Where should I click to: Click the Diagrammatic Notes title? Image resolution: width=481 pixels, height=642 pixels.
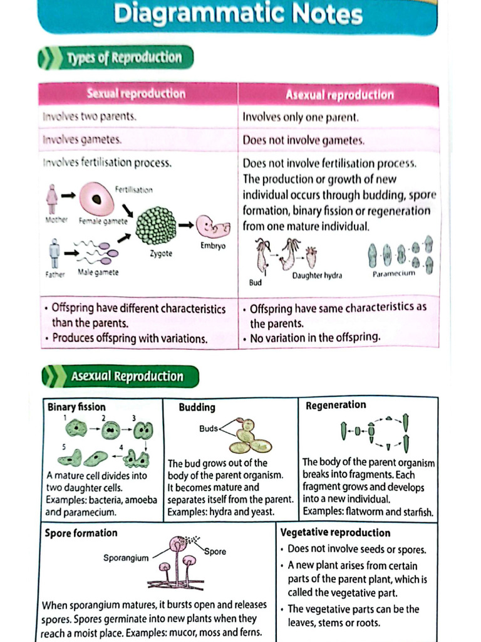[238, 14]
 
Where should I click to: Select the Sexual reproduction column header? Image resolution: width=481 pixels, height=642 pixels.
[136, 94]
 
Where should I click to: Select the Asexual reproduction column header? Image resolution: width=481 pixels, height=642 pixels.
[339, 95]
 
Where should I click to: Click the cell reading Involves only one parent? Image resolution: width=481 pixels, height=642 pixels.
[300, 117]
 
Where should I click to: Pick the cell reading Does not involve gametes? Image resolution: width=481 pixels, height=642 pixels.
[303, 140]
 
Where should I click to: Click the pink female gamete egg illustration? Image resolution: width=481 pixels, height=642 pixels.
[96, 199]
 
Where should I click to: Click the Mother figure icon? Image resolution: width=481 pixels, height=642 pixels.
[52, 199]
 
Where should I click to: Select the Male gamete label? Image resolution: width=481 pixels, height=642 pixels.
[98, 272]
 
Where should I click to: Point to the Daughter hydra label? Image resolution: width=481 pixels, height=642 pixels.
[317, 276]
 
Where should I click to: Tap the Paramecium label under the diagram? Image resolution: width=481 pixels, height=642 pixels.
[393, 275]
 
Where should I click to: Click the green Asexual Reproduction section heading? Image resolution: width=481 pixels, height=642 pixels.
[127, 377]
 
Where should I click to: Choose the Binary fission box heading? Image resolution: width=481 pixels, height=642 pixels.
[76, 407]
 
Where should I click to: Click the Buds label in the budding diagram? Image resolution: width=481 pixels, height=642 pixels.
[209, 429]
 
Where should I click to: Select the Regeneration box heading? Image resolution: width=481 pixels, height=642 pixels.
[336, 406]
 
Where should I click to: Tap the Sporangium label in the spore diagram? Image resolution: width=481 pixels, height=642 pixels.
[125, 557]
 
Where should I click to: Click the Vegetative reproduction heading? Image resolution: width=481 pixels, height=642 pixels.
[335, 533]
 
